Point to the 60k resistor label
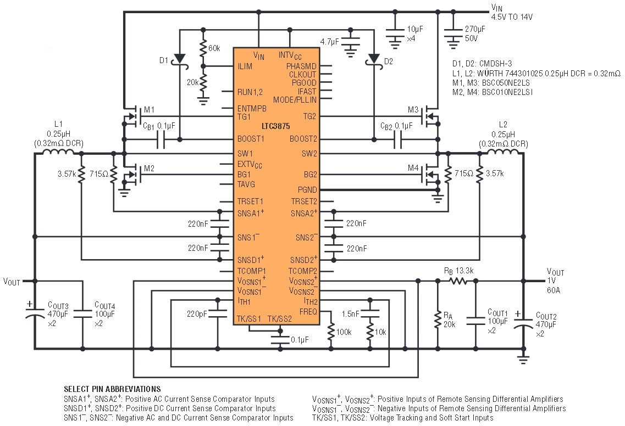[x=214, y=49]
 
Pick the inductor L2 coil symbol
[x=502, y=153]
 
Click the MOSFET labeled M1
[x=132, y=115]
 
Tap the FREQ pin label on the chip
[x=307, y=311]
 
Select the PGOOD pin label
[x=305, y=83]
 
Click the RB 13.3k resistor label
[x=458, y=271]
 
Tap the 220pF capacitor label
[x=196, y=315]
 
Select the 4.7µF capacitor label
[x=331, y=40]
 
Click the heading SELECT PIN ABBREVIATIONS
[x=112, y=389]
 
